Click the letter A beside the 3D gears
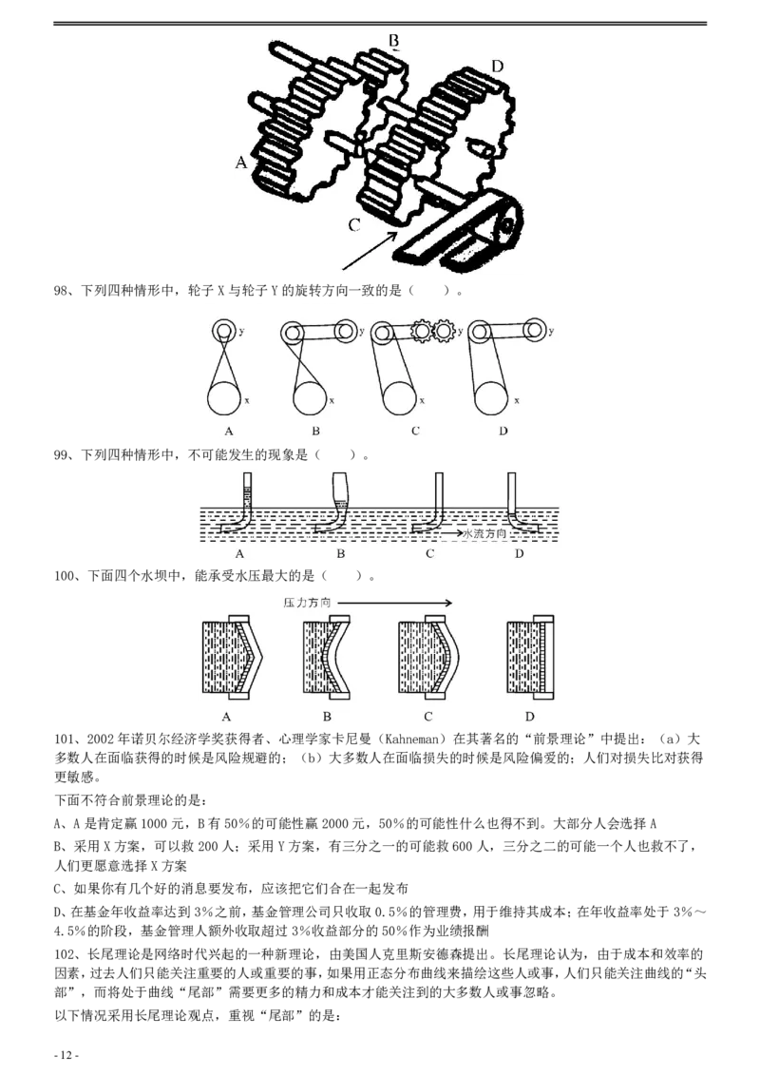point(241,163)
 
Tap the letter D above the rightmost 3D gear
point(497,66)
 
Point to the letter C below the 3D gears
point(353,225)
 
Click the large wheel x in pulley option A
point(223,398)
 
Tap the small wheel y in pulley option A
point(223,331)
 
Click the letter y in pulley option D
point(550,332)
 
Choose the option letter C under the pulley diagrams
point(415,431)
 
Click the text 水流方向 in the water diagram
point(485,534)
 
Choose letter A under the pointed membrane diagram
point(226,717)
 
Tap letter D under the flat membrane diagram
point(530,717)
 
